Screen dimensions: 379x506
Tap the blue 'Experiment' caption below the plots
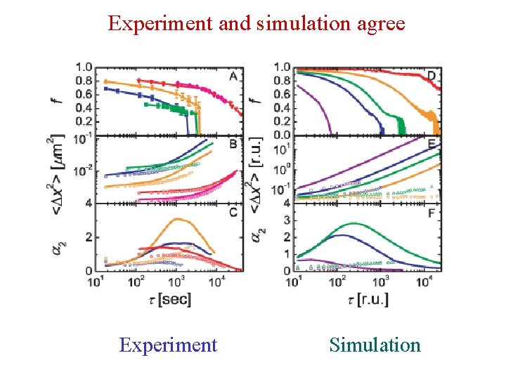(168, 345)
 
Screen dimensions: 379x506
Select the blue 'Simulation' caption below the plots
(375, 345)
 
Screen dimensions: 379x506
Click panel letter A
(233, 76)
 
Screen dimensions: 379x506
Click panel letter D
(432, 75)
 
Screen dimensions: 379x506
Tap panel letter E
(432, 145)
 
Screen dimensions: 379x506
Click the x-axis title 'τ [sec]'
(169, 300)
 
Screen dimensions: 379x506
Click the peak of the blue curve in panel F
(339, 235)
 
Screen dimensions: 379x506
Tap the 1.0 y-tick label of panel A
(84, 67)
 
